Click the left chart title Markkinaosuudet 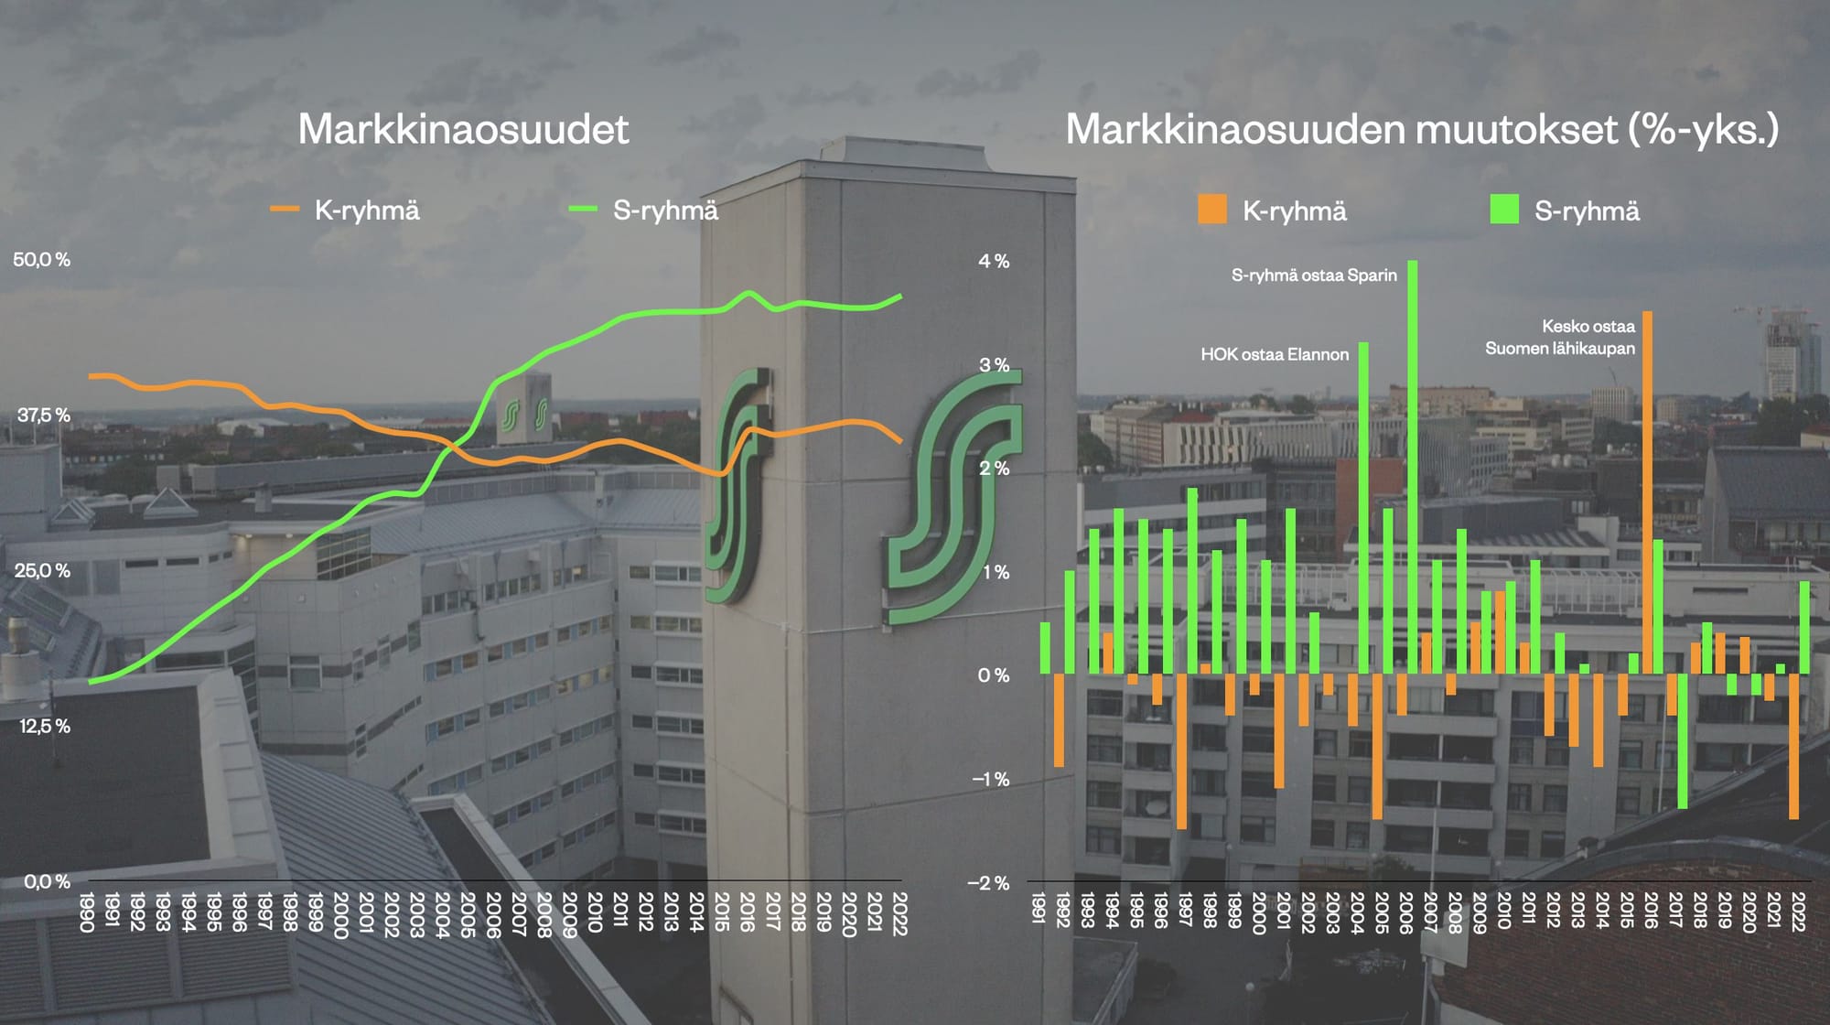pyautogui.click(x=463, y=129)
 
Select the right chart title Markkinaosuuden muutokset pyautogui.click(x=1422, y=129)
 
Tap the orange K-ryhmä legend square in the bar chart pyautogui.click(x=1212, y=210)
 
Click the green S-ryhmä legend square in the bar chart pyautogui.click(x=1504, y=210)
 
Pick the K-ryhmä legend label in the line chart pyautogui.click(x=367, y=210)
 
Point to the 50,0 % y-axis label pyautogui.click(x=41, y=260)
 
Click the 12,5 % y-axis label pyautogui.click(x=44, y=727)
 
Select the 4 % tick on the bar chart pyautogui.click(x=994, y=262)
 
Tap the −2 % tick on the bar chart pyautogui.click(x=988, y=883)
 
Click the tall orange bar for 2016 pyautogui.click(x=1647, y=494)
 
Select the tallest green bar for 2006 pyautogui.click(x=1413, y=467)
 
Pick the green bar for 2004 pyautogui.click(x=1363, y=508)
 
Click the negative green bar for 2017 pyautogui.click(x=1682, y=741)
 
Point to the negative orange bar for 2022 pyautogui.click(x=1794, y=746)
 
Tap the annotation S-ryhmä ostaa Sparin pyautogui.click(x=1314, y=275)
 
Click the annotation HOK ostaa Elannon pyautogui.click(x=1275, y=355)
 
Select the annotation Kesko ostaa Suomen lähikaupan pyautogui.click(x=1561, y=337)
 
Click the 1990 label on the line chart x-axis pyautogui.click(x=88, y=912)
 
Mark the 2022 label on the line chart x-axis pyautogui.click(x=899, y=912)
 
